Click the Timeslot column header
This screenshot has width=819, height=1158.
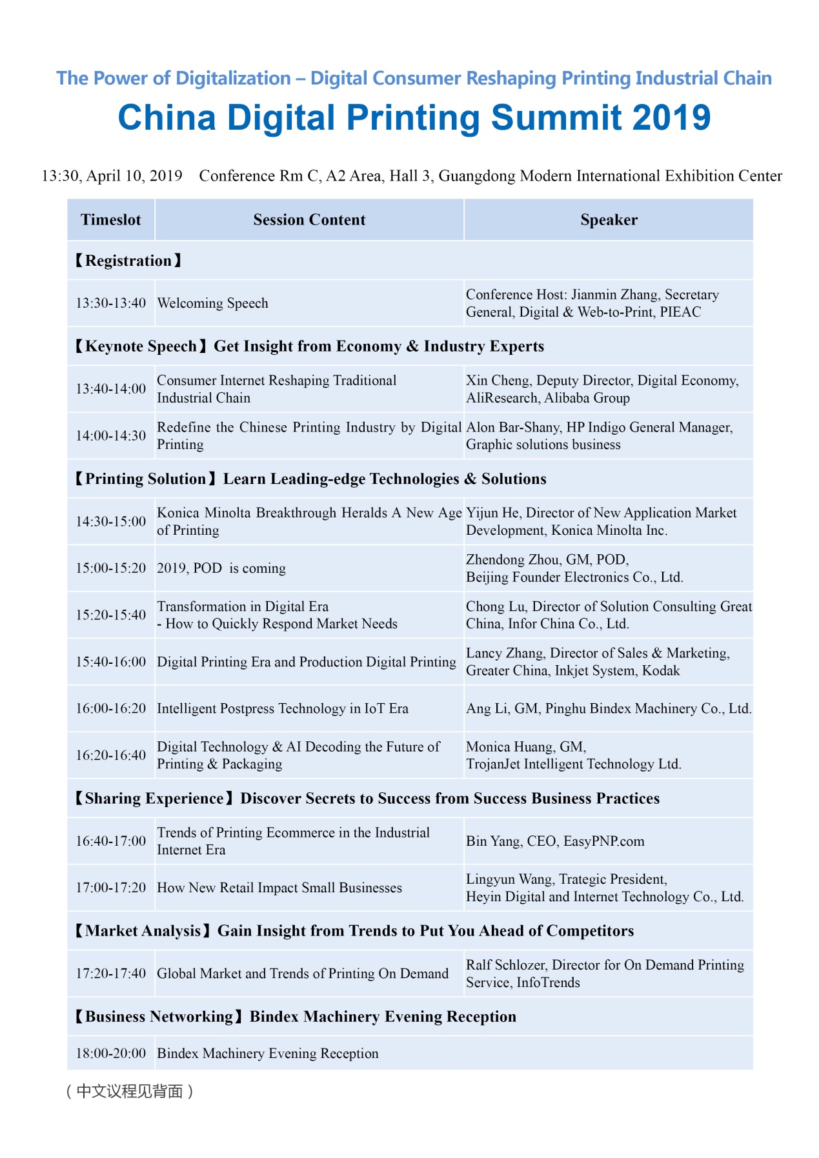point(110,220)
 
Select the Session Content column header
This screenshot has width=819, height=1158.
point(309,220)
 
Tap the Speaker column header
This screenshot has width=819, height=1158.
point(609,220)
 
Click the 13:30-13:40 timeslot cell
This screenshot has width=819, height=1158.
point(111,303)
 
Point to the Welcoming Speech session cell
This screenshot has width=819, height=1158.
point(213,303)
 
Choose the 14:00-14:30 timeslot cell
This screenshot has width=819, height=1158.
point(111,435)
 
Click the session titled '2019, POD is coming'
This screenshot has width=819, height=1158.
point(221,568)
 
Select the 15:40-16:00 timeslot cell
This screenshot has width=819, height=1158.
point(111,662)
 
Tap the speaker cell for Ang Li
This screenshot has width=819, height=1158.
point(609,708)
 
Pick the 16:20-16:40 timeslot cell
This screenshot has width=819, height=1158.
point(111,755)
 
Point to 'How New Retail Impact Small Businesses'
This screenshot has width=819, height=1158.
point(279,888)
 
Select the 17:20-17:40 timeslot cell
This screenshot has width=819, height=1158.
point(111,973)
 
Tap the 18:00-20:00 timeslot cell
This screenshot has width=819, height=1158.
point(111,1053)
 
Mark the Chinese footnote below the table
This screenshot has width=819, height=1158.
point(130,1091)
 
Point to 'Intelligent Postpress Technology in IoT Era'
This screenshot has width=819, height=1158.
point(283,708)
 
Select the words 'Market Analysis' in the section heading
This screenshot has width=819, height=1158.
point(143,931)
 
